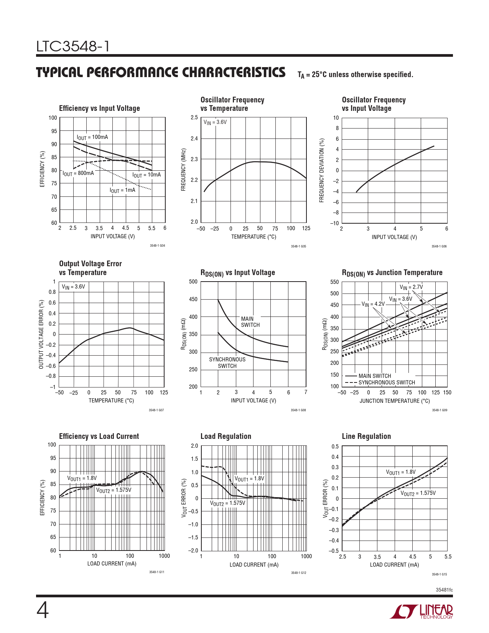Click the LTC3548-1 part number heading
(x=73, y=47)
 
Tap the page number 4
(x=43, y=611)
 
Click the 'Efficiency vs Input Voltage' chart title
(x=99, y=109)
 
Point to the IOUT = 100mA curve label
(x=92, y=137)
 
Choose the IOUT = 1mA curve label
(x=122, y=190)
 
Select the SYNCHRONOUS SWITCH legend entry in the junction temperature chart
(x=387, y=382)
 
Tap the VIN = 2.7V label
(x=411, y=287)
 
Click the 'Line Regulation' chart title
(x=366, y=437)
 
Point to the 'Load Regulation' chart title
(x=226, y=437)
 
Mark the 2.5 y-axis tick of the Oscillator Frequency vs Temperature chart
(x=194, y=118)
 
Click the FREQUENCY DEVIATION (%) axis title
(x=322, y=170)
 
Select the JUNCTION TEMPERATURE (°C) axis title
(x=395, y=401)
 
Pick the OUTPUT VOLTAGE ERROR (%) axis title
(x=41, y=335)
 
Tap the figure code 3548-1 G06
(x=439, y=246)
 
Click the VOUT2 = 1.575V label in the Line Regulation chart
(x=418, y=493)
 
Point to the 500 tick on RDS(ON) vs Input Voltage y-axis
(x=193, y=282)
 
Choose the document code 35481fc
(x=444, y=590)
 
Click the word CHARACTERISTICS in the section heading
(x=234, y=73)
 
